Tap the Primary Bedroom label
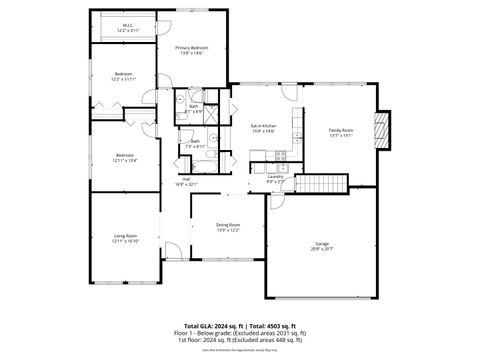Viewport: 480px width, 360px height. [x=192, y=49]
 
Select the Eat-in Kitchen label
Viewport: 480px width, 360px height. [x=263, y=126]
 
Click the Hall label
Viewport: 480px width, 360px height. [x=187, y=180]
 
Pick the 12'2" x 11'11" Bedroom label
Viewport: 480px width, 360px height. [x=124, y=75]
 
